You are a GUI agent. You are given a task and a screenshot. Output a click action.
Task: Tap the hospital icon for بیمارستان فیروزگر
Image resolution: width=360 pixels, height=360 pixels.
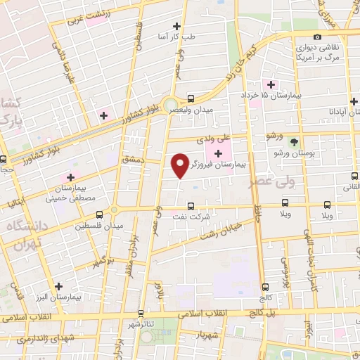click(218, 153)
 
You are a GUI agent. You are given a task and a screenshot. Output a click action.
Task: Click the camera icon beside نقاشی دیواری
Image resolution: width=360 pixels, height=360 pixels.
click(317, 37)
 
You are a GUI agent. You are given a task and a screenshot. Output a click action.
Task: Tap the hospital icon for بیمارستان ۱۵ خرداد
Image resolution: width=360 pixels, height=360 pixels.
click(271, 84)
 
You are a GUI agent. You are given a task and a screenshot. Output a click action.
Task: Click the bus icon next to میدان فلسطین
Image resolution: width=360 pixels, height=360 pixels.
click(99, 214)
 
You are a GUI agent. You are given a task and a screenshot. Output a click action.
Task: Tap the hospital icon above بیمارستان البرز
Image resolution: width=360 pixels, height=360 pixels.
click(58, 286)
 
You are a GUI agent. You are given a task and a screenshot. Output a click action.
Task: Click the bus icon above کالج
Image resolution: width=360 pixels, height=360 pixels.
click(266, 286)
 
